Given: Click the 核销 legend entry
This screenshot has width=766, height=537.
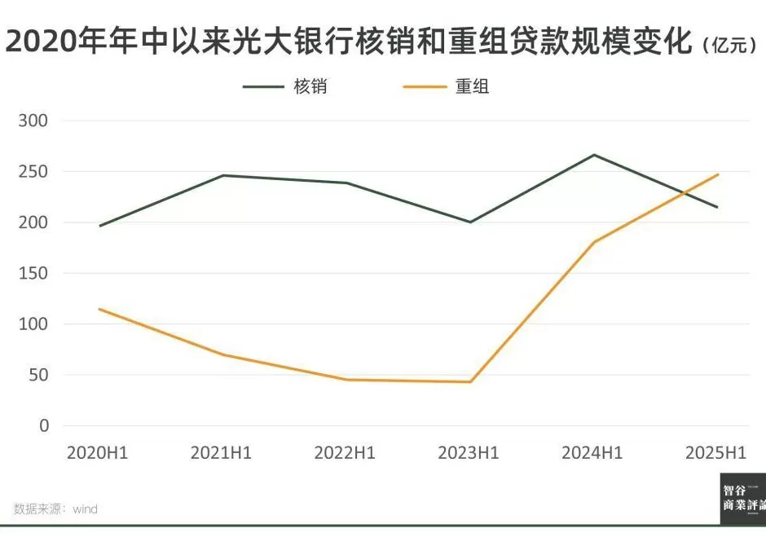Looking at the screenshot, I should tap(310, 86).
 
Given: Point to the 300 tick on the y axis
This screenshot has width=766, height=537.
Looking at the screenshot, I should tap(33, 121).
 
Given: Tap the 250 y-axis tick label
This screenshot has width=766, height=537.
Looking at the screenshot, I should tap(33, 172).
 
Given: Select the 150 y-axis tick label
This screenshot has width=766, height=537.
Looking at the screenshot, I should tap(33, 274).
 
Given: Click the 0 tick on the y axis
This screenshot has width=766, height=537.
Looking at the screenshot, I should tap(43, 426).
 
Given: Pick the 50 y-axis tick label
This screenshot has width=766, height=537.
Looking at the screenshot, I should tap(38, 376).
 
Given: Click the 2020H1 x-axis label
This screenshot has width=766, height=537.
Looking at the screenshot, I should tap(98, 453).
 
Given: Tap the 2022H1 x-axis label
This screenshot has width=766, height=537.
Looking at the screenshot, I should tap(345, 453).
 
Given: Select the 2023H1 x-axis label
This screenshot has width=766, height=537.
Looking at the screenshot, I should tap(469, 453).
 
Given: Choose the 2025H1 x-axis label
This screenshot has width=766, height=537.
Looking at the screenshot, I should tap(716, 453).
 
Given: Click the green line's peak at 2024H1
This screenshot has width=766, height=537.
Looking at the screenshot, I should tap(594, 155).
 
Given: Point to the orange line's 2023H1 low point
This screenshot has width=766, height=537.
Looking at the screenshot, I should tap(470, 381).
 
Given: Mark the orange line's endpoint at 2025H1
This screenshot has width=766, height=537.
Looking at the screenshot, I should tap(718, 174).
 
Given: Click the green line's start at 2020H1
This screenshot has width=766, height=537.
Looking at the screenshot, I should tap(99, 226).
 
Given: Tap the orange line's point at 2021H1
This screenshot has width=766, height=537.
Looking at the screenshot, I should tap(222, 354).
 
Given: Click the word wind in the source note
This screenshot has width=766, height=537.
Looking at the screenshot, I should tap(85, 509).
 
